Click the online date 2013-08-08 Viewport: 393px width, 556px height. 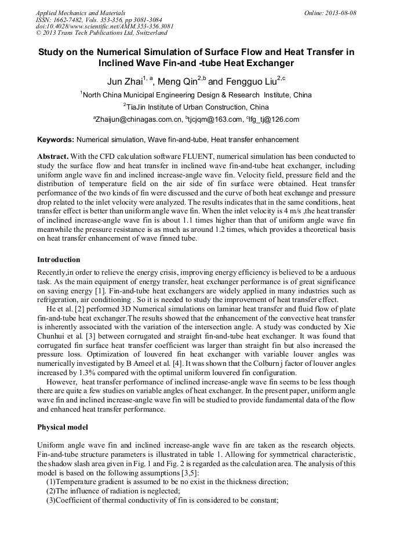tap(341, 13)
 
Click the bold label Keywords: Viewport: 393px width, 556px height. tap(56, 140)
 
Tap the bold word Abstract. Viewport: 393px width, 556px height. tap(53, 157)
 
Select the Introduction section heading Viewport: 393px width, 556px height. tap(59, 259)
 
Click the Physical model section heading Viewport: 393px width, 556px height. tap(62, 427)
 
